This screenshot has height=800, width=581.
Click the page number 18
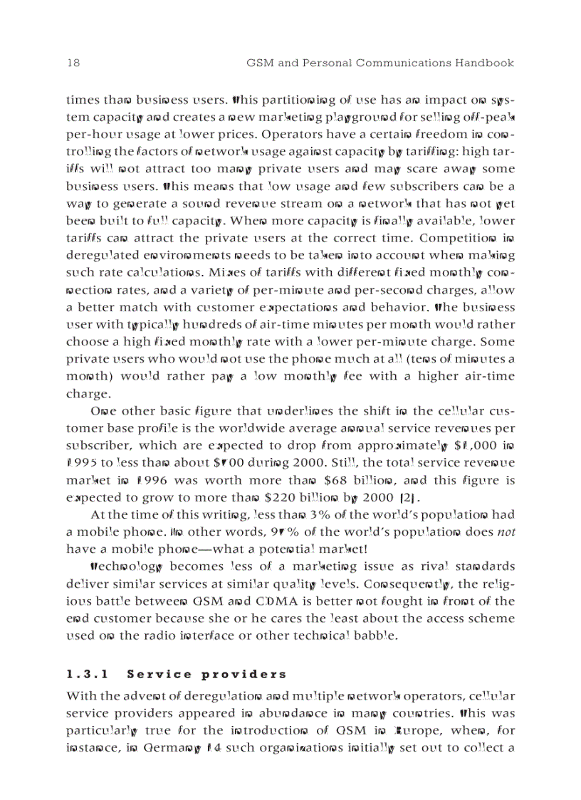point(73,63)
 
